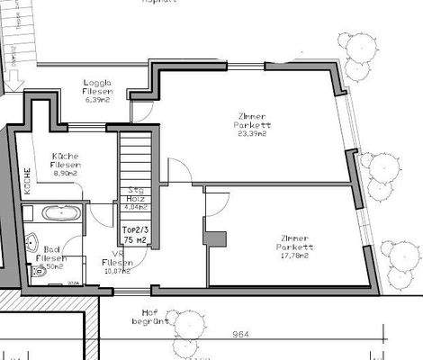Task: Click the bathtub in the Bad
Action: [51, 214]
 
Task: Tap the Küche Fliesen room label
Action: [67, 160]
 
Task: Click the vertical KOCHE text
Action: [28, 184]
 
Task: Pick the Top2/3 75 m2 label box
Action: [135, 236]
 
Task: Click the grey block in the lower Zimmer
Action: [215, 238]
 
